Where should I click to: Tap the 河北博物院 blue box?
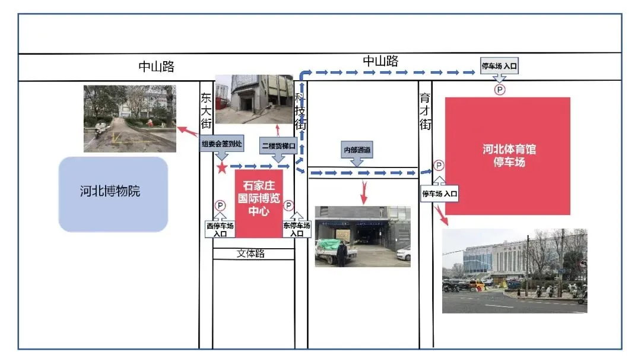coord(113,194)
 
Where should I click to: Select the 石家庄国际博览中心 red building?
coord(259,202)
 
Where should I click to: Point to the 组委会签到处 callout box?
coord(221,144)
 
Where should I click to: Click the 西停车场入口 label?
coord(220,229)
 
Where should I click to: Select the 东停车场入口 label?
coord(296,229)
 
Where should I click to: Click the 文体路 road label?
coord(250,254)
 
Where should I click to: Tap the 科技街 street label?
coord(301,111)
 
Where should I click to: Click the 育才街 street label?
coord(425,111)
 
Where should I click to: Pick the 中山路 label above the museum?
coord(157,66)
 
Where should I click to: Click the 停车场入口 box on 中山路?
coord(500,66)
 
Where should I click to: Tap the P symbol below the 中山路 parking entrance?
coord(500,90)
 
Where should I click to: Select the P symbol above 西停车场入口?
coord(220,205)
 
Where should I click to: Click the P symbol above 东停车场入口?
coord(289,205)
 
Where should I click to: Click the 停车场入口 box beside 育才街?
coord(440,193)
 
